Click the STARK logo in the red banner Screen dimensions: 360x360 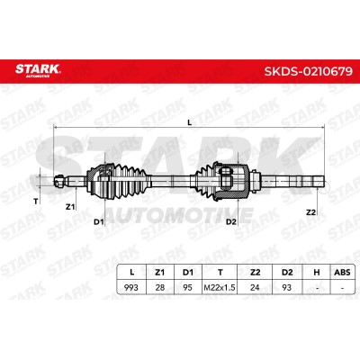[38, 70]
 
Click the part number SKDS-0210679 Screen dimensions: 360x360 [308, 71]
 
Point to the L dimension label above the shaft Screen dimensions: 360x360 [189, 122]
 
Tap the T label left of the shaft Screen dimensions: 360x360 [36, 202]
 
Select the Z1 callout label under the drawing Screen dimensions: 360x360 [70, 207]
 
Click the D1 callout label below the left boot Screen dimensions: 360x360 [99, 222]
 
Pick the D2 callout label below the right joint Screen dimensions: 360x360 [231, 222]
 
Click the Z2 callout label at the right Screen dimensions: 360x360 [310, 212]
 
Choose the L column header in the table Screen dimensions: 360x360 [131, 273]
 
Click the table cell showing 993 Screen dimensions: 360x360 [131, 287]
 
